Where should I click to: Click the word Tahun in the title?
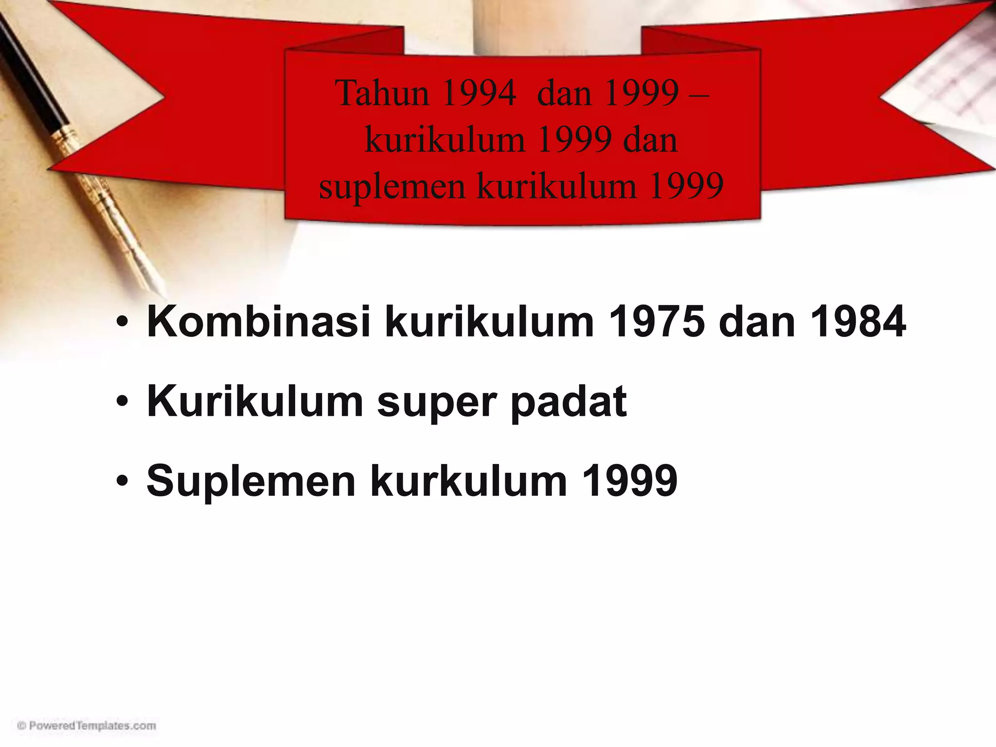[381, 93]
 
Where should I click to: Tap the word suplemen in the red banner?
[392, 186]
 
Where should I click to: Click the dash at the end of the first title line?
[699, 93]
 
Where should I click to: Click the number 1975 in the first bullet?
[656, 321]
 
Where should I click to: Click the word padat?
[569, 402]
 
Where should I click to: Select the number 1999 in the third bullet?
[629, 481]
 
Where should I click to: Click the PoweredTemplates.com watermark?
[87, 726]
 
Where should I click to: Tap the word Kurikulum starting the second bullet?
[255, 402]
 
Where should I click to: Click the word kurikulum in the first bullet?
[489, 321]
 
